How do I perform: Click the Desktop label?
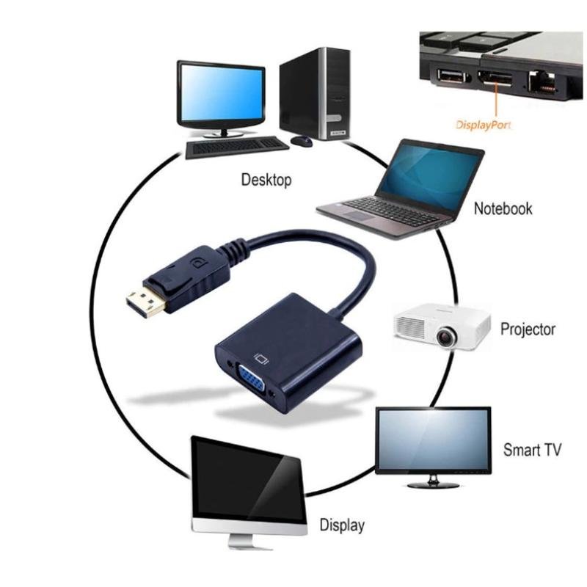(x=266, y=180)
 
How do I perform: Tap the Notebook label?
(x=503, y=208)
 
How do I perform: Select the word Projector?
(x=528, y=328)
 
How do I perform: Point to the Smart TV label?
(x=532, y=449)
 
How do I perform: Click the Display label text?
(x=342, y=525)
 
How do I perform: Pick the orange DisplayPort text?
(x=484, y=125)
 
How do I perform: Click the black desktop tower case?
(x=313, y=92)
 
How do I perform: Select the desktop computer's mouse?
(x=301, y=139)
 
